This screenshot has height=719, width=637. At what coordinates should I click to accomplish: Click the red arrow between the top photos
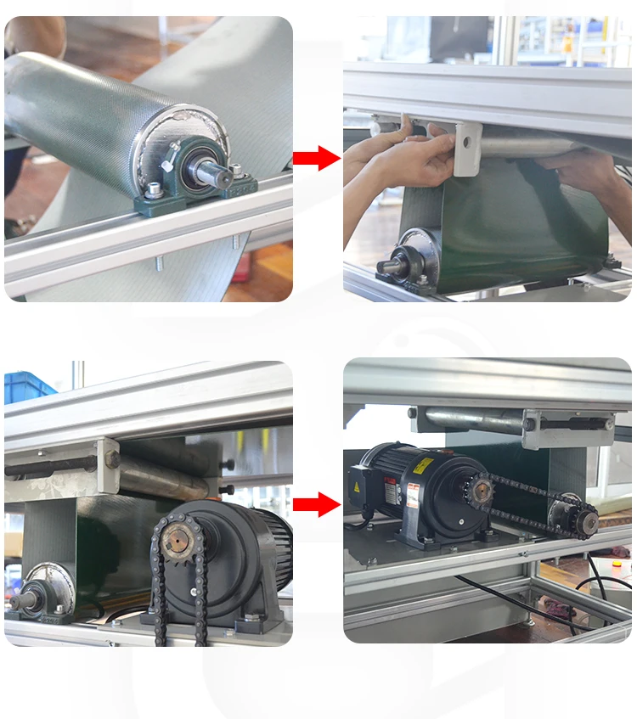(316, 158)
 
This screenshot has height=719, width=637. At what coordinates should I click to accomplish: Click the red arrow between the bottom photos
(316, 505)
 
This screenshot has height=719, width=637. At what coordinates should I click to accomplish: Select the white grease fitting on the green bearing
(174, 147)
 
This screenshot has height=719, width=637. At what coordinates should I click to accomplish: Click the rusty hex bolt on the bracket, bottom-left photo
(111, 459)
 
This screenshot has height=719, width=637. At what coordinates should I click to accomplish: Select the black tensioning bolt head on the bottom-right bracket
(530, 423)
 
